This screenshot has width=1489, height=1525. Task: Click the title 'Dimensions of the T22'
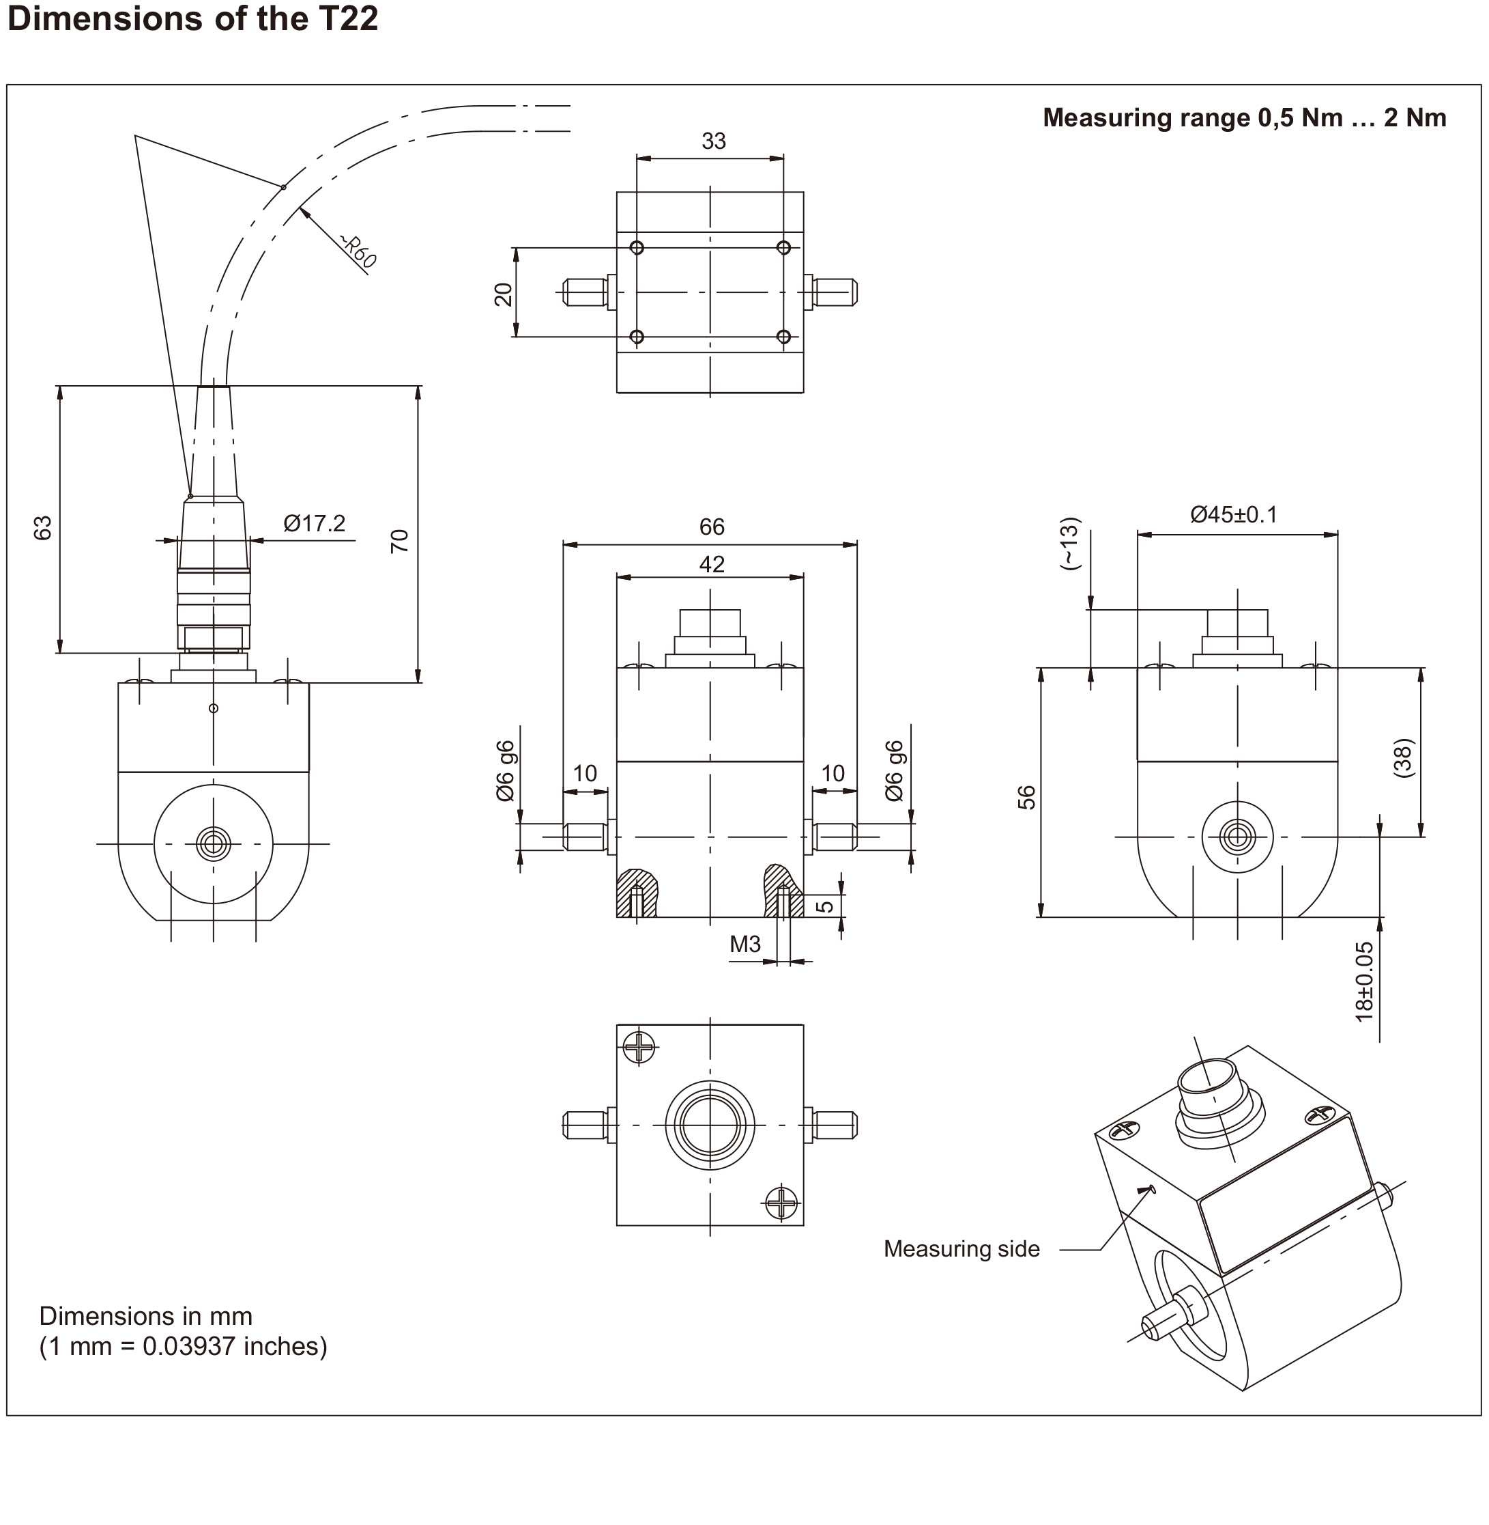pos(192,18)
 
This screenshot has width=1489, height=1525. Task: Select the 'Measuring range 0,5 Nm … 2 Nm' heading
pos(1244,117)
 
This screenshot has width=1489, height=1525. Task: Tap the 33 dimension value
pos(713,141)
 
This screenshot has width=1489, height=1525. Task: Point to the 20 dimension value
pos(504,294)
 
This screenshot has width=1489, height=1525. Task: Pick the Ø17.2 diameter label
pos(315,522)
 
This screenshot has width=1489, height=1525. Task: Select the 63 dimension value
pos(42,527)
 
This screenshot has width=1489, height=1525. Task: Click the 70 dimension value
pos(400,541)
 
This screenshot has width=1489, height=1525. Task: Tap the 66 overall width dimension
pos(712,527)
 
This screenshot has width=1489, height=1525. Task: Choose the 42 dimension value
pos(712,564)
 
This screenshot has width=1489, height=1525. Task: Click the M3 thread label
pos(744,945)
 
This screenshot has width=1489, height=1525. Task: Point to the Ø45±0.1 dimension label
pos(1233,514)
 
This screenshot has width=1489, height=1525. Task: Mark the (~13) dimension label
pos(1069,543)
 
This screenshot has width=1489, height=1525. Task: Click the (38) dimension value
pos(1404,757)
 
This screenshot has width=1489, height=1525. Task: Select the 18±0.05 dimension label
pos(1364,981)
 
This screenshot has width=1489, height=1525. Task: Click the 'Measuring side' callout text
pos(961,1248)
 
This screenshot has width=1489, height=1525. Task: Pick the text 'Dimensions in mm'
pos(145,1315)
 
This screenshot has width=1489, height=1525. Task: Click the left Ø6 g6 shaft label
pos(505,771)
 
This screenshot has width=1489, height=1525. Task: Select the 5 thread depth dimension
pos(825,906)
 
